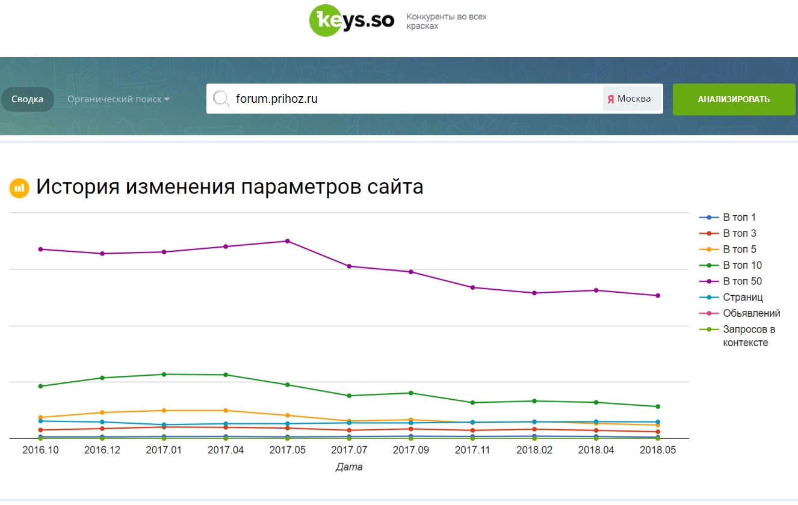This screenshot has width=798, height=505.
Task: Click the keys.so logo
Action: coord(351,20)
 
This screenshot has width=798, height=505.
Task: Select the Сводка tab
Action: coord(27,99)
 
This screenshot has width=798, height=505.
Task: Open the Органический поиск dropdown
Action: coord(118,99)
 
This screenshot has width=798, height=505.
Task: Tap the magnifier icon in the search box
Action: coord(221,99)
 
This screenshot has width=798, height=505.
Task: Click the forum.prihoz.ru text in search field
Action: coord(276,99)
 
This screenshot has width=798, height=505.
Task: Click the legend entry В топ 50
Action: coord(742,281)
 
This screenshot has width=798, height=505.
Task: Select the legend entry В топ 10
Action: coord(742,265)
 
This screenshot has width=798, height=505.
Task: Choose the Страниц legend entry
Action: coord(743,297)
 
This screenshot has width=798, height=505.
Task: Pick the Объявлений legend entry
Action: coord(751,313)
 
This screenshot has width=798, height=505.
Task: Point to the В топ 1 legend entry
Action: coord(739,218)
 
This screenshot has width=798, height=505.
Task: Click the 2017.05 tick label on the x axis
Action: coord(288,450)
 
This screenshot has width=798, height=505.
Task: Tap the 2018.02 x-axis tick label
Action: coord(534,450)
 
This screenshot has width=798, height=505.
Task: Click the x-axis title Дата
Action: coord(349,467)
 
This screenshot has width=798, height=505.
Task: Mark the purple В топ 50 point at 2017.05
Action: coord(288,241)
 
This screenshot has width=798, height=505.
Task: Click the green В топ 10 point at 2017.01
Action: coord(164,375)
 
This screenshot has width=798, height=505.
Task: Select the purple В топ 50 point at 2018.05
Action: coord(658,296)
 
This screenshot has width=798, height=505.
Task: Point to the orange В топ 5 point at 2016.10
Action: coord(40,417)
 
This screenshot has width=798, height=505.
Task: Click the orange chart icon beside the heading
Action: coord(19,188)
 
